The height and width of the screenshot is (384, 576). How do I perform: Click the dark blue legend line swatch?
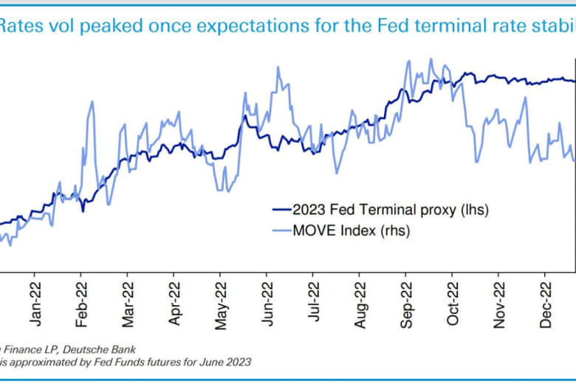point(281,210)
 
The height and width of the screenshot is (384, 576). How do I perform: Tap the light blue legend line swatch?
point(281,231)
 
